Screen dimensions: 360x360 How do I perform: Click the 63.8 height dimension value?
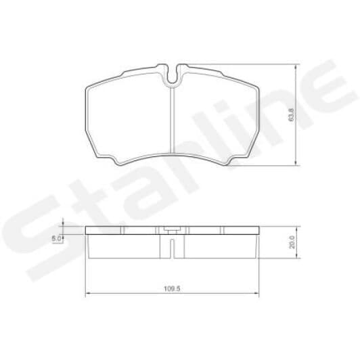click(292, 114)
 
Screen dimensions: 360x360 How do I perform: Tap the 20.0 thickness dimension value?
click(292, 242)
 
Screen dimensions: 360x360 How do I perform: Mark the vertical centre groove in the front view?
click(175, 122)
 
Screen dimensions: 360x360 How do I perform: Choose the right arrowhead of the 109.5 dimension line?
click(259, 294)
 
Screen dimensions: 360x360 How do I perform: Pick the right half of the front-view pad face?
click(217, 118)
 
